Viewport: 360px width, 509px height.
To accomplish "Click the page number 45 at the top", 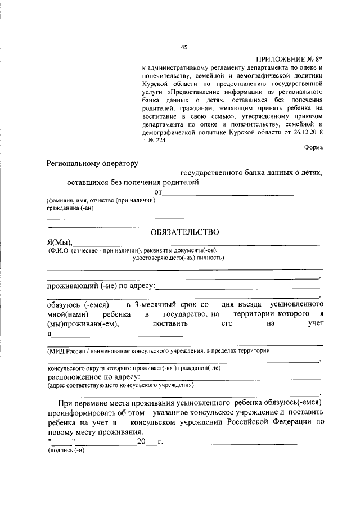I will [x=184, y=47].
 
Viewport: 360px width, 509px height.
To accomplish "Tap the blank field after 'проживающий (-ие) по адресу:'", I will [x=237, y=287].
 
